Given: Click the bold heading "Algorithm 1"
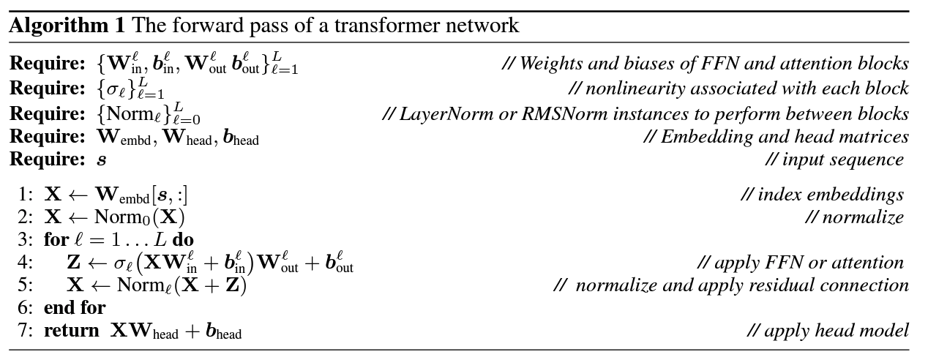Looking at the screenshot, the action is (67, 26).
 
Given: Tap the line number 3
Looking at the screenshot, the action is (25, 240).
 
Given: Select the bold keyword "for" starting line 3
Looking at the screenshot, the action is (56, 239).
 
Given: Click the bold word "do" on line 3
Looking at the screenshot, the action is (183, 239).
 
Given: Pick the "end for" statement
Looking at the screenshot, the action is (75, 307).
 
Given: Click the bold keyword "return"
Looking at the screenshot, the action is (71, 331).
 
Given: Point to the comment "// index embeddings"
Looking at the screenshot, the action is (822, 195).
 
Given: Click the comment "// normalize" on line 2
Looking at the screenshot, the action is (855, 217).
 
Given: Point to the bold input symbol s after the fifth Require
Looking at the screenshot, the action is (102, 160).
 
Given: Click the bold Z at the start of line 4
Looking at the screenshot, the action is (73, 262).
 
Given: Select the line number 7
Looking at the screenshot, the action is (25, 331).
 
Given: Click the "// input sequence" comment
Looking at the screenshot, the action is (834, 160).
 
